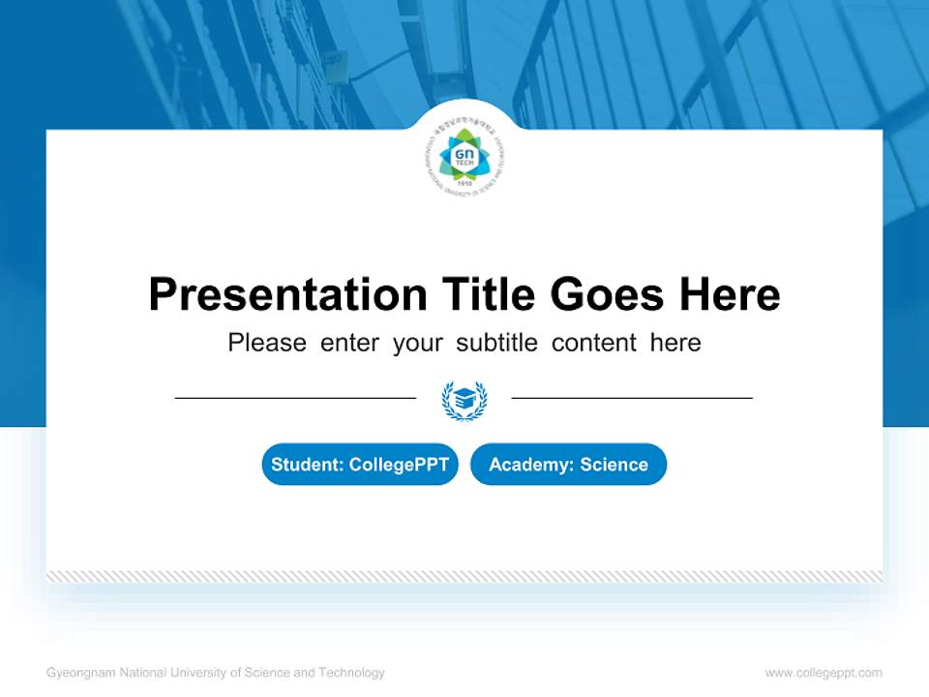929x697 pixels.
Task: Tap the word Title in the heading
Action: click(489, 293)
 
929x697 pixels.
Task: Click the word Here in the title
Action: click(730, 293)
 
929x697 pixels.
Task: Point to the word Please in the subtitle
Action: click(267, 343)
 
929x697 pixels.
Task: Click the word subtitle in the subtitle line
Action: click(498, 343)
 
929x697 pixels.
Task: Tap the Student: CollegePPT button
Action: click(360, 465)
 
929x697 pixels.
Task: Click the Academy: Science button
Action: click(568, 465)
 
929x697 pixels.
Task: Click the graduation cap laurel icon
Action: click(464, 399)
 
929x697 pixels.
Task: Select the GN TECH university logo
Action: click(464, 159)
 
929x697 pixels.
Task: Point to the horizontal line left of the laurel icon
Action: click(295, 398)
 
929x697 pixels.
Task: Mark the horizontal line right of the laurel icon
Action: click(632, 398)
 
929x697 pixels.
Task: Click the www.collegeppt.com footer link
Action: click(824, 673)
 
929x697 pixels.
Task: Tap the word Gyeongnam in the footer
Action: click(81, 673)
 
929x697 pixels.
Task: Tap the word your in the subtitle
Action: click(418, 343)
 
